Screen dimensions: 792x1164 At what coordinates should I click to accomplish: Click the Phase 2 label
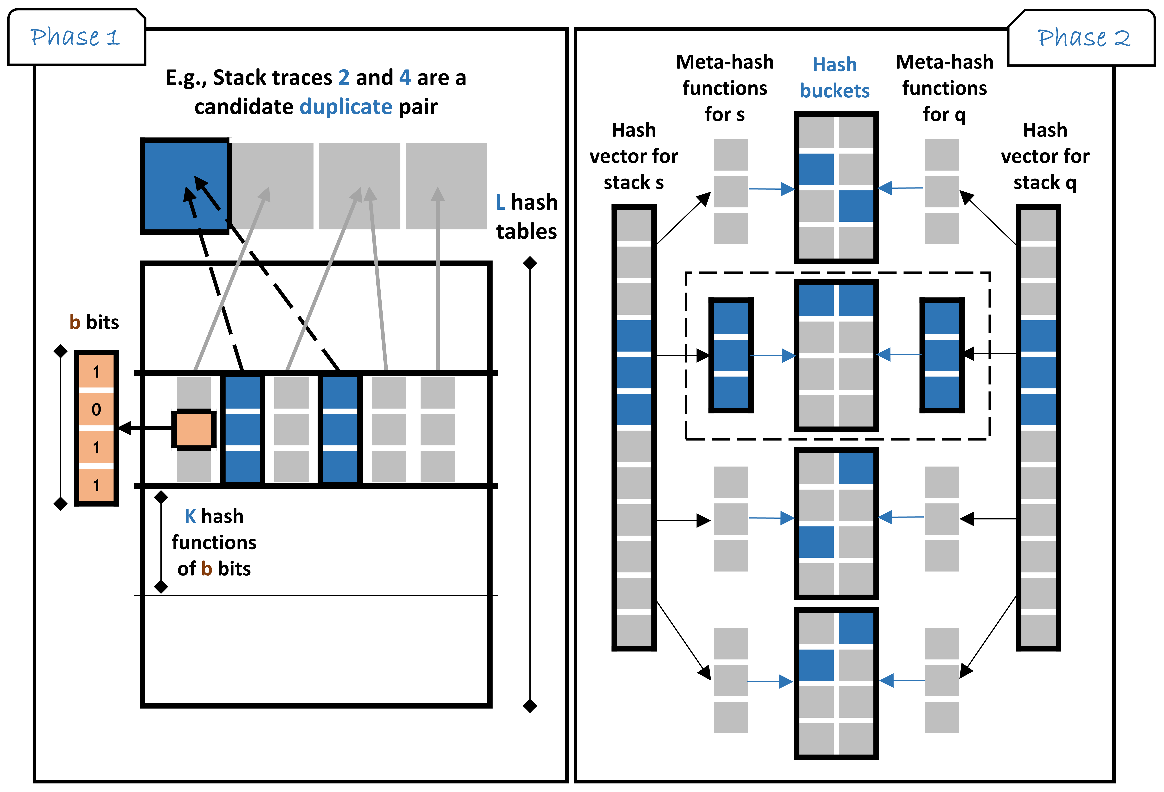click(1083, 38)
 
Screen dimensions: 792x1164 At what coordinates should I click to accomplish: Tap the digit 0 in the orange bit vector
click(96, 410)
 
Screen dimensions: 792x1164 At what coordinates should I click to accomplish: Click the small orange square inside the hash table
click(194, 429)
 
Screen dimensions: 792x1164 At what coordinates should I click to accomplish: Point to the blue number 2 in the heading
click(344, 78)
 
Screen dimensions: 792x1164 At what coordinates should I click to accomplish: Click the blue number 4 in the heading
click(405, 78)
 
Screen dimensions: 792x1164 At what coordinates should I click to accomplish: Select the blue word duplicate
click(346, 107)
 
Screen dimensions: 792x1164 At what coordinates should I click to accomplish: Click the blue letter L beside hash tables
click(500, 202)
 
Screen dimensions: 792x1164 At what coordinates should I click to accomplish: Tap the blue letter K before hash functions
click(190, 516)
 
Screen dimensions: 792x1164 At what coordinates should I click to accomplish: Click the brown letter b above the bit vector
click(75, 322)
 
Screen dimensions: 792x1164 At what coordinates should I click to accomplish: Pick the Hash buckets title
click(834, 78)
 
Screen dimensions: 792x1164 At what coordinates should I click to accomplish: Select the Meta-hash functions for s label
click(725, 88)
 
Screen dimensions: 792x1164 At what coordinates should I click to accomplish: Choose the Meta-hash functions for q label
click(944, 88)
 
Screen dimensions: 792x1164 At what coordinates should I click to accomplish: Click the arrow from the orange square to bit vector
click(145, 428)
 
